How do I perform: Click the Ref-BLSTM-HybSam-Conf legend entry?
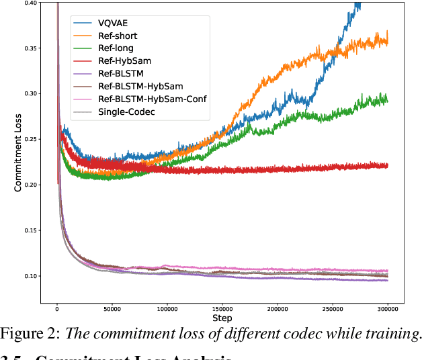click(x=152, y=99)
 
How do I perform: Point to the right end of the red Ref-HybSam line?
click(x=387, y=165)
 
